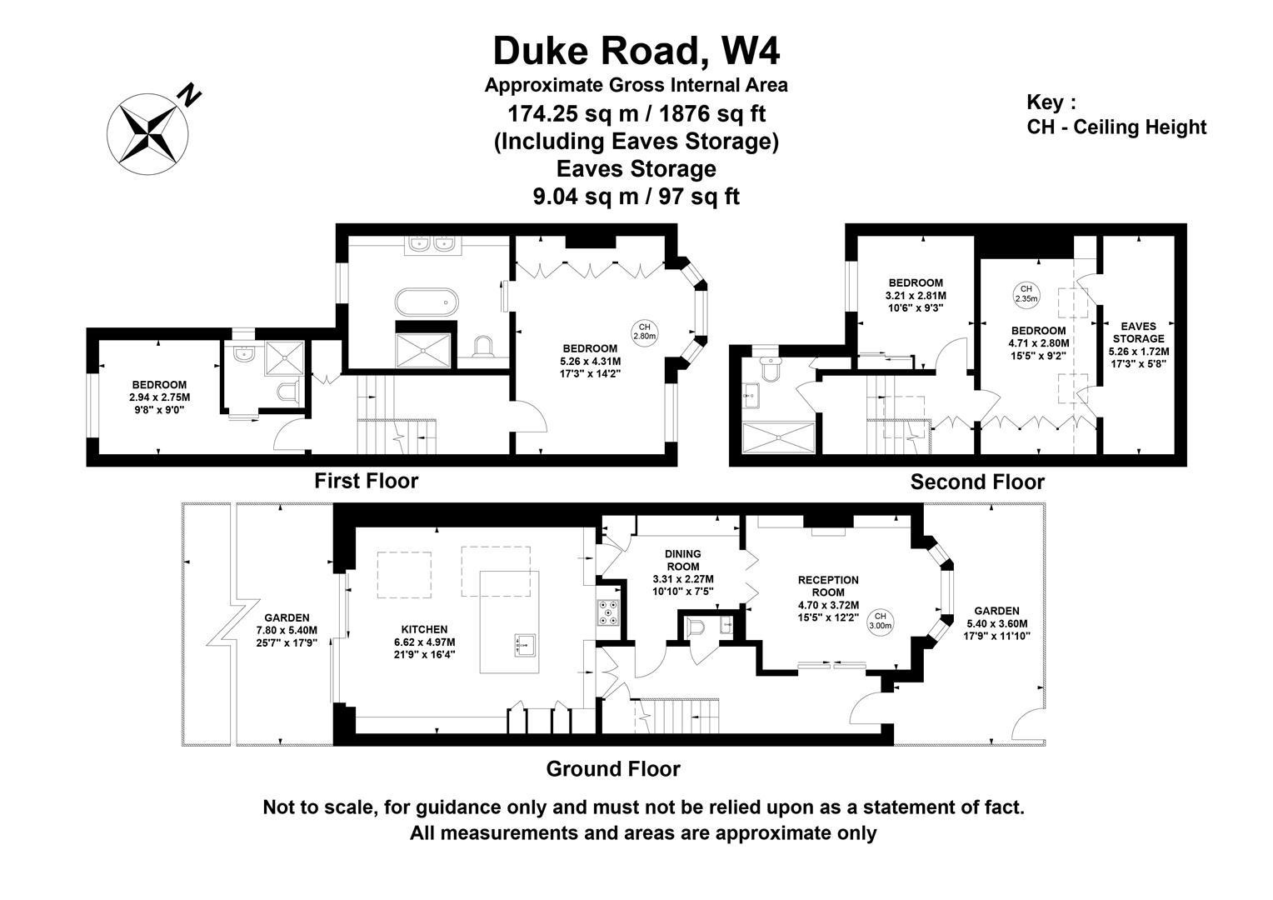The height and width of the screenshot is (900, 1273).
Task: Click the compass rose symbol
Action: tap(147, 134)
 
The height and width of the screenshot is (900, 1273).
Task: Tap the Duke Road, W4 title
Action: tap(636, 51)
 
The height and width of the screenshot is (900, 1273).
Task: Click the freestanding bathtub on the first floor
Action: tap(427, 302)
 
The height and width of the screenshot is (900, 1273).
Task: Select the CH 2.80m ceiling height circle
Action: tap(645, 332)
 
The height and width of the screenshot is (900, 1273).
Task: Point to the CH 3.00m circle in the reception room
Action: tap(881, 621)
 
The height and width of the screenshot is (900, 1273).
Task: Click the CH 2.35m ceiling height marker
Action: tap(1026, 294)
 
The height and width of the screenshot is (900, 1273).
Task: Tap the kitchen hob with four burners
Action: tap(609, 612)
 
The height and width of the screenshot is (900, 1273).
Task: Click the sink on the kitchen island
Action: tap(525, 645)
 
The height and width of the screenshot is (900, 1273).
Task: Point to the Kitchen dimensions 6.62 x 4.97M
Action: tap(425, 642)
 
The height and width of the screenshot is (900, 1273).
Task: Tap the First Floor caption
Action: tap(367, 481)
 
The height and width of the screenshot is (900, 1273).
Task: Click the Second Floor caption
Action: tap(977, 482)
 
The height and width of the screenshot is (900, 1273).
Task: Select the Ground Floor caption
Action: tap(613, 768)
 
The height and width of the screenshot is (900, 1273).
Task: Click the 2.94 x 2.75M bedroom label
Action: tap(160, 397)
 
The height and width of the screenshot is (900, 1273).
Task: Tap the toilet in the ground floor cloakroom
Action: tap(696, 627)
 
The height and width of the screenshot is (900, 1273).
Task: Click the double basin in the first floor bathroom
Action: tap(430, 244)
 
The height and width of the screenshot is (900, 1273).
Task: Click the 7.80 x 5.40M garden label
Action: tap(287, 630)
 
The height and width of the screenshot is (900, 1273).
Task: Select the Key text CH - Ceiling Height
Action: tap(1116, 127)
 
